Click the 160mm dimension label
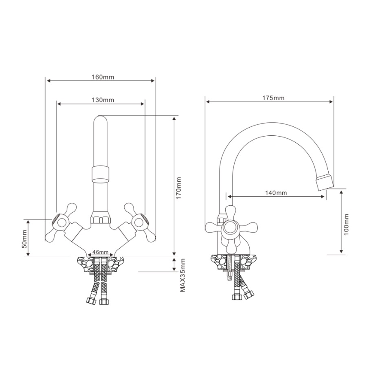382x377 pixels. [x=103, y=77]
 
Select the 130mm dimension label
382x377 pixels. [x=103, y=100]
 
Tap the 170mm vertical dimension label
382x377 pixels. [x=179, y=188]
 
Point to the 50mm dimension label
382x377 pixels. [x=24, y=239]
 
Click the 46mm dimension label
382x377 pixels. [x=101, y=251]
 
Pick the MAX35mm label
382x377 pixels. [x=183, y=276]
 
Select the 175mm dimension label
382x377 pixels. [x=273, y=98]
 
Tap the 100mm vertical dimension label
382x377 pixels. [x=346, y=224]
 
